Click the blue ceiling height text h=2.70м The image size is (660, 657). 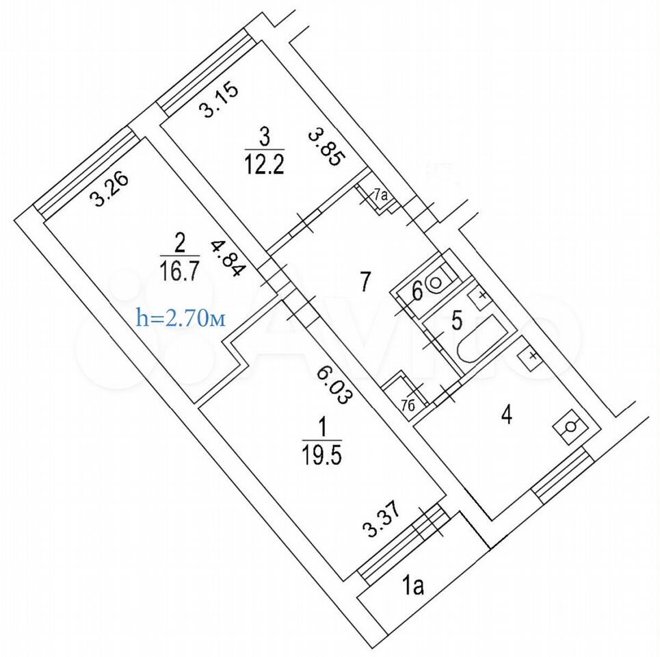(x=181, y=318)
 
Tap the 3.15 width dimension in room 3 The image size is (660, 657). (x=219, y=101)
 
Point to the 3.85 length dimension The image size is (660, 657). (x=327, y=148)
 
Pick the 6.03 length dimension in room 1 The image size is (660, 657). (x=333, y=384)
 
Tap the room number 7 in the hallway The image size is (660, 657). (x=365, y=281)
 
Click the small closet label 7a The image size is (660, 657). (x=380, y=194)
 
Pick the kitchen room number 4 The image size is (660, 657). (x=507, y=415)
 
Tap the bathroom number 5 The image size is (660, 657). (x=457, y=320)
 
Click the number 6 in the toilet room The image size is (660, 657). (x=417, y=292)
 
